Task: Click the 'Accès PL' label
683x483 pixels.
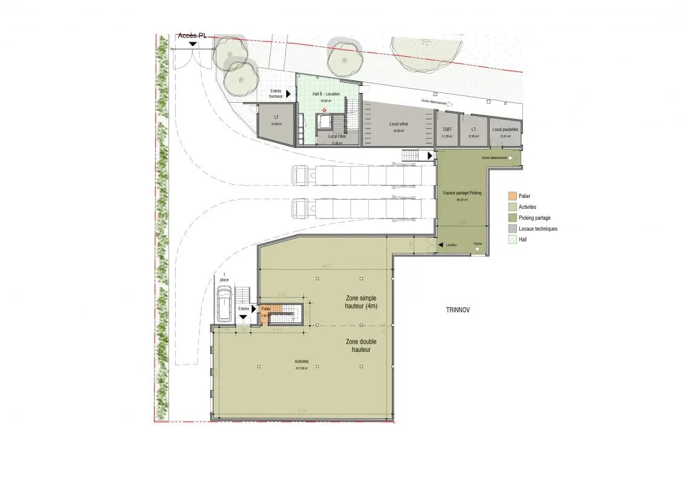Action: click(x=192, y=36)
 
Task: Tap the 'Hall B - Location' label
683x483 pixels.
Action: click(x=325, y=94)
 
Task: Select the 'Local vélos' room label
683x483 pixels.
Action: click(x=399, y=124)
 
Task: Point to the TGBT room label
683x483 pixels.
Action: click(x=447, y=129)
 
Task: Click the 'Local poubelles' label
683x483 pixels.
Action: click(x=505, y=129)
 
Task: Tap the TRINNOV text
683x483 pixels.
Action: click(x=457, y=310)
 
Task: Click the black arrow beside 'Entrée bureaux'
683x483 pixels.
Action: click(x=289, y=94)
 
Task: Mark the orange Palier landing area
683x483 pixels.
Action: click(x=267, y=313)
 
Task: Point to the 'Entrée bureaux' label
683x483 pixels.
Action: click(x=275, y=94)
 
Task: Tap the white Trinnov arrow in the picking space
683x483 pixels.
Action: click(x=478, y=250)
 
